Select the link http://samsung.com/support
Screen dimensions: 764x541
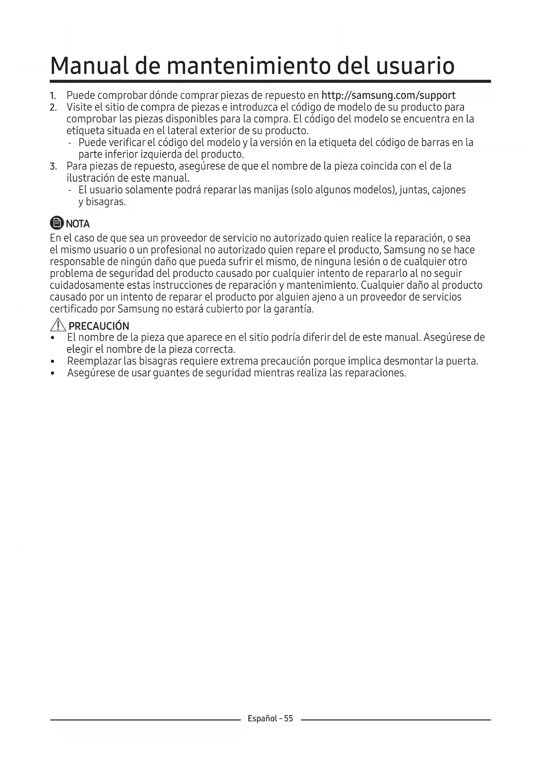pos(388,95)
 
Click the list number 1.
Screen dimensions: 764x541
pos(53,96)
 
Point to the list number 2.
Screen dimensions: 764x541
pos(53,108)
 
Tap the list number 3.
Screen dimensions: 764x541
pos(53,166)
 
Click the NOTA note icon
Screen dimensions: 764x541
pos(57,223)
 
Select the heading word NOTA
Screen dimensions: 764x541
pos(78,224)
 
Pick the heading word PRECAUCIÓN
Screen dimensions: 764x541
pos(99,326)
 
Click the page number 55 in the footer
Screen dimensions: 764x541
pos(289,718)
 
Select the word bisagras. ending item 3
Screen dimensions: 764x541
pos(105,202)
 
